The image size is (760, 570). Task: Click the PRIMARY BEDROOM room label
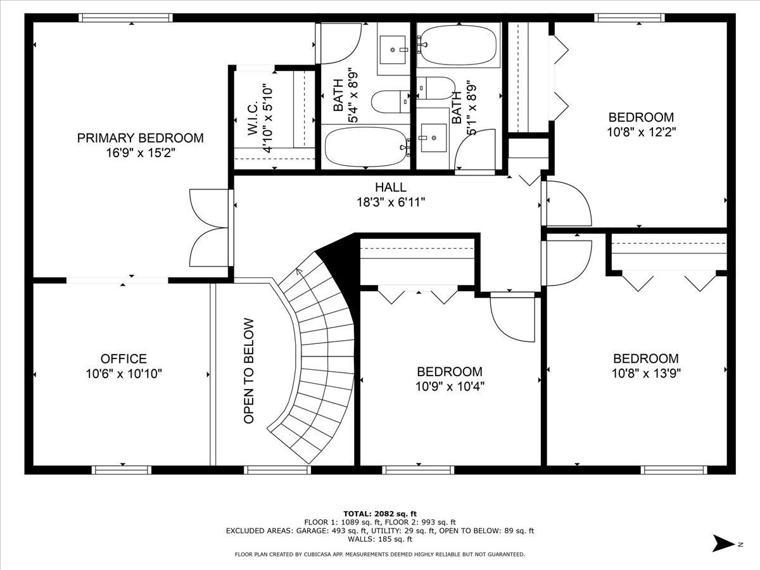[x=140, y=137]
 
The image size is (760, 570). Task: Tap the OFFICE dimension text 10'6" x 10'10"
[x=123, y=374]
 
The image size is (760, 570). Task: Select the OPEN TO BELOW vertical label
[x=249, y=371]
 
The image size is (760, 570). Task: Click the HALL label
[x=391, y=187]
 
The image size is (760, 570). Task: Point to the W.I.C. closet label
[x=253, y=118]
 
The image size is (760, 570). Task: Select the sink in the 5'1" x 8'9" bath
[x=433, y=137]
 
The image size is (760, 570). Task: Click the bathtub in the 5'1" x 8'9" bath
[x=458, y=45]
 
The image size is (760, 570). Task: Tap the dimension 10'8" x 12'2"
[x=641, y=132]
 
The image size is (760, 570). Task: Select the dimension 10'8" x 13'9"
[x=646, y=374]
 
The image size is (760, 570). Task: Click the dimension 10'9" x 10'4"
[x=450, y=386]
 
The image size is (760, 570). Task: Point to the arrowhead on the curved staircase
[x=300, y=271]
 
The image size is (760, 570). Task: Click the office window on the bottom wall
[x=122, y=470]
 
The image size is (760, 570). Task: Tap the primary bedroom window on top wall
[x=125, y=18]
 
